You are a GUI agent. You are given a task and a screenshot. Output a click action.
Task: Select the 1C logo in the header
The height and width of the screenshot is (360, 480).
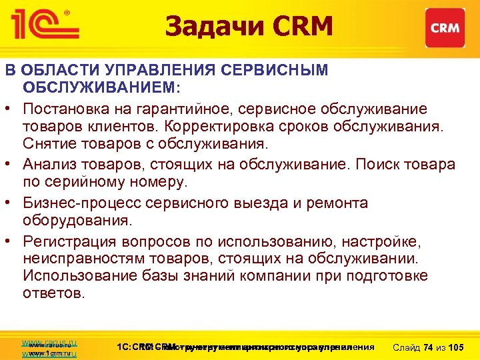(45, 25)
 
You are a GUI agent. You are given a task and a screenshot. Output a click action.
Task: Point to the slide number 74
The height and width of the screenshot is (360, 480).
(429, 347)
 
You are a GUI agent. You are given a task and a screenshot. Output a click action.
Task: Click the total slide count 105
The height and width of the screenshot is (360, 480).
(457, 347)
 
